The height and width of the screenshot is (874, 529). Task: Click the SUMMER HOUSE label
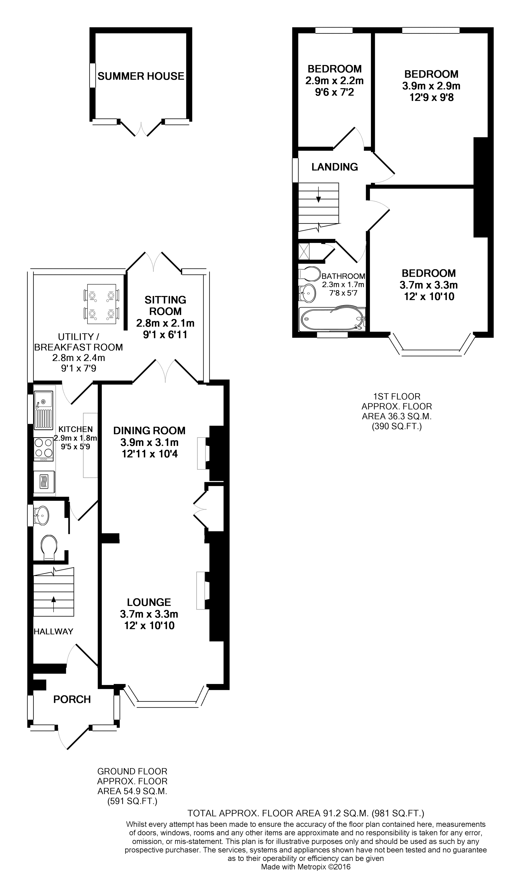(141, 76)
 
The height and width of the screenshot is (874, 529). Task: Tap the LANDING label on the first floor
(334, 167)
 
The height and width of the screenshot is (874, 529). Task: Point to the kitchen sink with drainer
(43, 409)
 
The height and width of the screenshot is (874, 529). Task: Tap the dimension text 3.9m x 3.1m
(149, 442)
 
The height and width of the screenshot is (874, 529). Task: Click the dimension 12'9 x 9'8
(431, 97)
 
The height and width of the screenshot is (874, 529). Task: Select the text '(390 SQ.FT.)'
(397, 426)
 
